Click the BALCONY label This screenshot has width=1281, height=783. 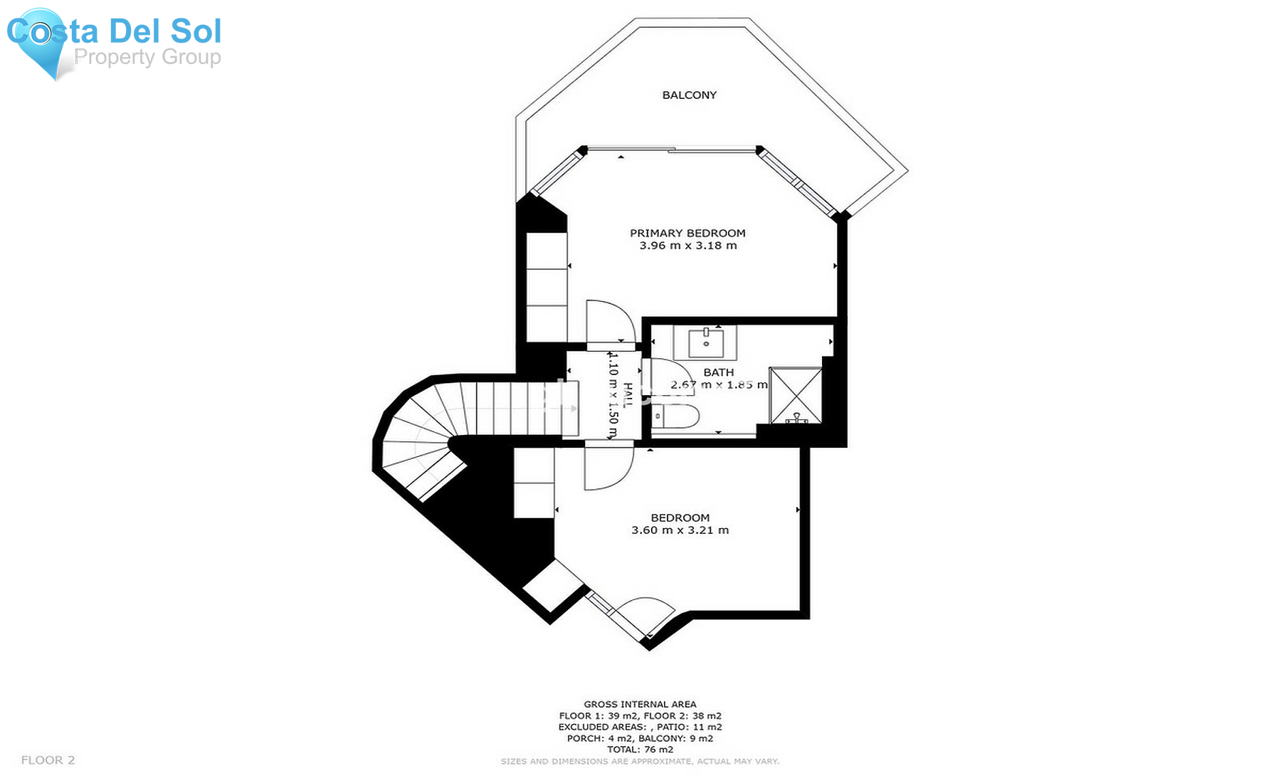(x=689, y=95)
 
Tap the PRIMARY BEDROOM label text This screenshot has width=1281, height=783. (x=687, y=233)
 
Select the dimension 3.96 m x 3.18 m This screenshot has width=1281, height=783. (x=687, y=246)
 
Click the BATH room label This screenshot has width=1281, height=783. (x=718, y=372)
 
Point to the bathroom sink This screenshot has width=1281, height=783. (x=706, y=344)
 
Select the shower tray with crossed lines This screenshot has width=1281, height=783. (x=796, y=395)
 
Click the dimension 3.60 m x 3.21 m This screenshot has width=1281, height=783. (x=680, y=530)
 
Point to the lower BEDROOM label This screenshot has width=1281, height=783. (x=680, y=517)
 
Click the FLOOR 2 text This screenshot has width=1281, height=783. (x=48, y=760)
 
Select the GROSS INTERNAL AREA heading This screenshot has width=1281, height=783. (x=640, y=704)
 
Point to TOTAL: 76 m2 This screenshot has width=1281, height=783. (x=640, y=750)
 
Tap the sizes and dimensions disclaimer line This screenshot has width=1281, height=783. (x=640, y=762)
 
